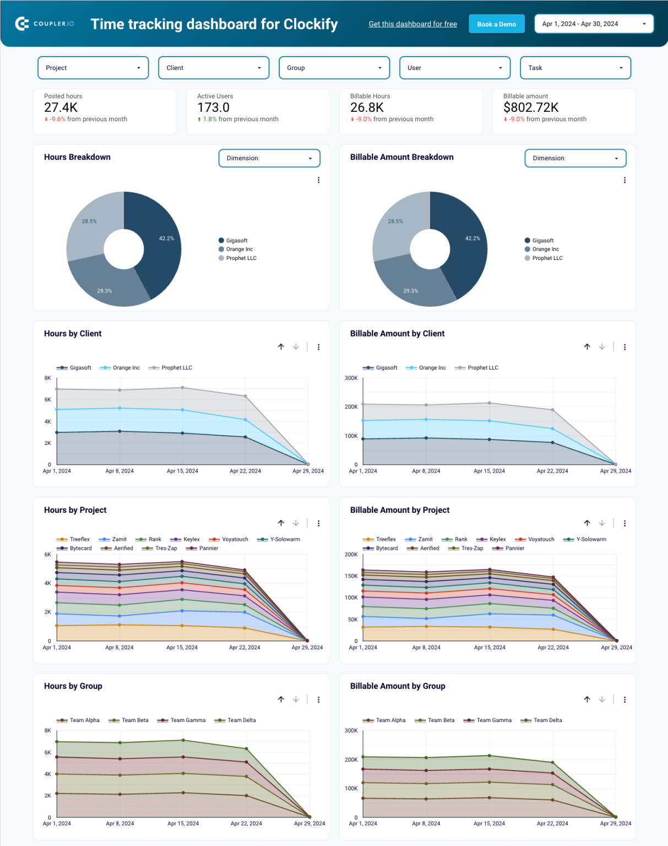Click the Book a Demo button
(496, 24)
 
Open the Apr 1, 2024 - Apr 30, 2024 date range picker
(594, 24)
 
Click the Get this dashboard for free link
(412, 24)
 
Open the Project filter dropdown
(93, 68)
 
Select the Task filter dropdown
(575, 68)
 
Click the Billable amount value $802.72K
(530, 107)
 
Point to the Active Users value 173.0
(213, 107)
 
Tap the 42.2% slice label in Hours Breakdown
(166, 238)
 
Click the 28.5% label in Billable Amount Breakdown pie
(395, 221)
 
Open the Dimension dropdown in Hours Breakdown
(269, 158)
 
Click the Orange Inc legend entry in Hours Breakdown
(238, 250)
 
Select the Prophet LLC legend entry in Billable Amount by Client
(482, 368)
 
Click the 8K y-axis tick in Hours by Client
(48, 378)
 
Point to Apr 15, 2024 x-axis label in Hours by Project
(182, 648)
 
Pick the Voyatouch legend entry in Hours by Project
(235, 539)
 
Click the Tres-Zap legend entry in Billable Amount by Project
(471, 548)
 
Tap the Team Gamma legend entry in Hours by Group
(187, 720)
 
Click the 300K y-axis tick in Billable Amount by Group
(351, 731)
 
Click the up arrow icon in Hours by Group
(281, 699)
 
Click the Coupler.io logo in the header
(45, 24)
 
